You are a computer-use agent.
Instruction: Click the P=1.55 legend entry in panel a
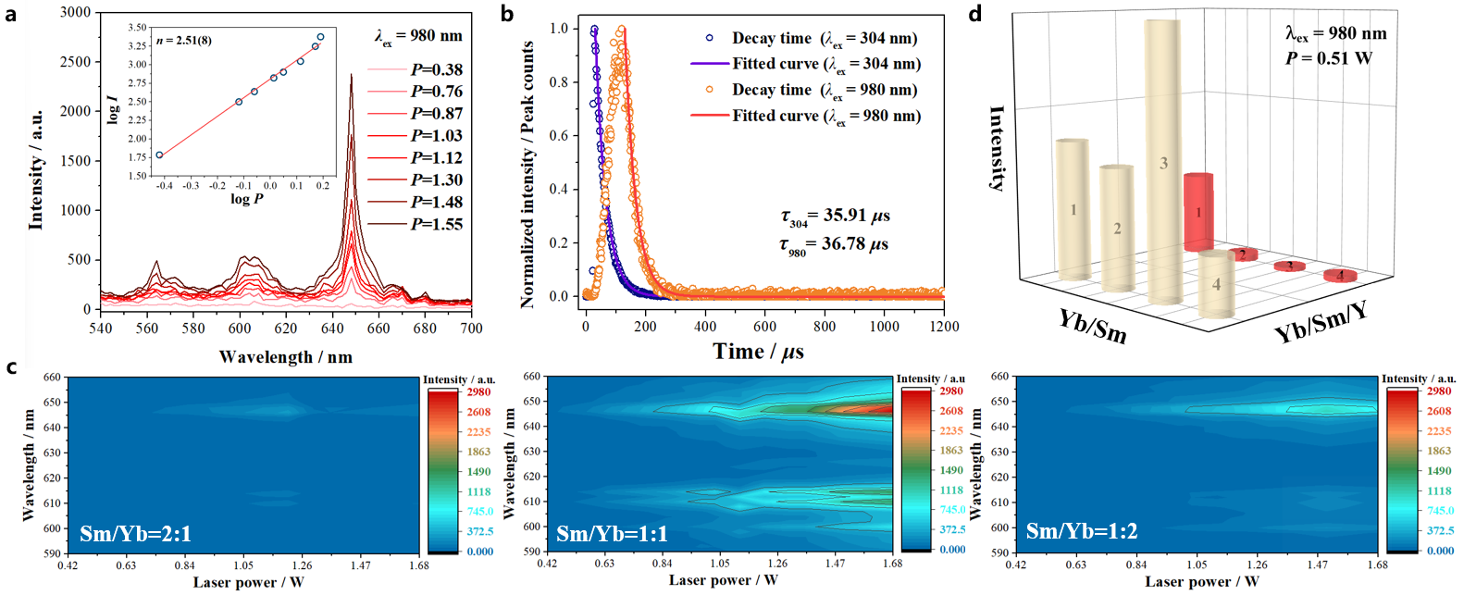(x=436, y=224)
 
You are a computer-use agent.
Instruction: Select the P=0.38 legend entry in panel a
(x=436, y=69)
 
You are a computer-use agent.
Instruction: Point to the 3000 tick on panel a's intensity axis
(x=76, y=12)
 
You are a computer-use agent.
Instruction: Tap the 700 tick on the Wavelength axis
(x=471, y=328)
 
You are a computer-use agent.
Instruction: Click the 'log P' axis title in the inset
(x=247, y=199)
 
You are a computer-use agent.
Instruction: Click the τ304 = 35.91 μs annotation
(x=834, y=217)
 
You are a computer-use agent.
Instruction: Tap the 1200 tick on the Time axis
(x=944, y=327)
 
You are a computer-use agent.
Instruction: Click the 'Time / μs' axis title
(x=758, y=352)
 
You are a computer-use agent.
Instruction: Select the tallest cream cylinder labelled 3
(x=1162, y=162)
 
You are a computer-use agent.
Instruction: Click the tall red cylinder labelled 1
(x=1198, y=211)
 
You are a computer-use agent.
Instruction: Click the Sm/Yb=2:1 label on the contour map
(x=135, y=534)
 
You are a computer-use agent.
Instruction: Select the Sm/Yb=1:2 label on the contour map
(x=1082, y=532)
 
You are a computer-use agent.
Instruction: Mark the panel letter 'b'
(x=506, y=14)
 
